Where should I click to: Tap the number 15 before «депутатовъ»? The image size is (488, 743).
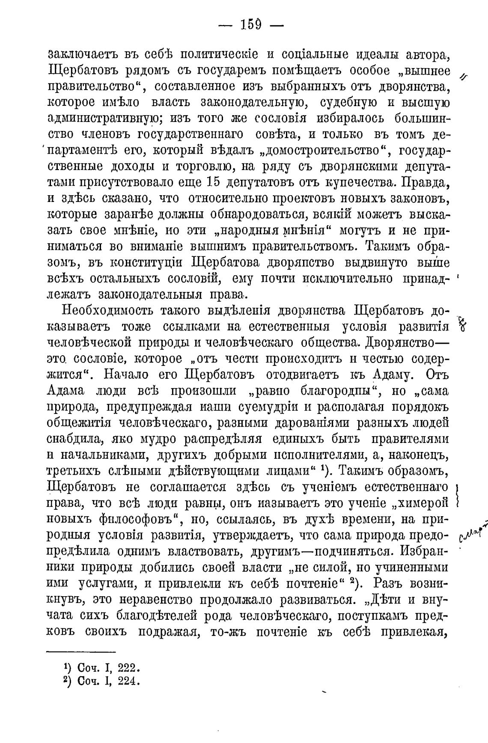(x=213, y=182)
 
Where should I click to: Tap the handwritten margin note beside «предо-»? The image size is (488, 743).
(x=473, y=531)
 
